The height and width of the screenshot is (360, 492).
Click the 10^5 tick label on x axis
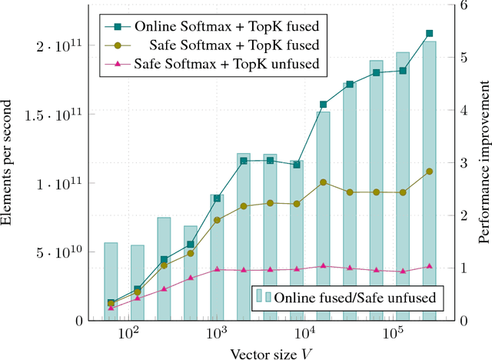coord(394,335)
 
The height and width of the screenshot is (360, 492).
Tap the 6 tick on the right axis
coord(463,5)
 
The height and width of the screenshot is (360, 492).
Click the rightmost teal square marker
coord(429,34)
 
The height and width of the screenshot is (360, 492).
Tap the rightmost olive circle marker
coord(429,172)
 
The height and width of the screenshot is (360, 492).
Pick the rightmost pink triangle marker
coord(429,266)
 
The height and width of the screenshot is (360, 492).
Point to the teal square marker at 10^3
coord(217,198)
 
